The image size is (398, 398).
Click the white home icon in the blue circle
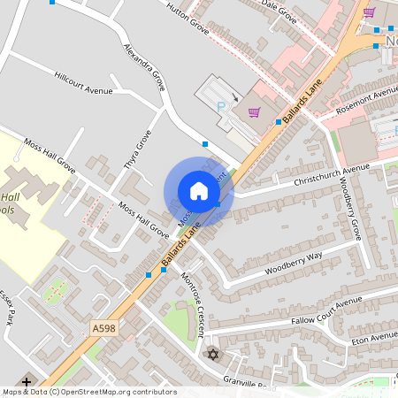199,190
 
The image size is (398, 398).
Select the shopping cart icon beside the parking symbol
255,111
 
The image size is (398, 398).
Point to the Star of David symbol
211,355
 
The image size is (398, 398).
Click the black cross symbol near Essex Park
27,383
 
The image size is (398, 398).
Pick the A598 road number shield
103,328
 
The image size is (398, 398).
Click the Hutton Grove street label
188,18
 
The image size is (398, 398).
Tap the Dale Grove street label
279,10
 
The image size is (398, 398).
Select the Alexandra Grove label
145,67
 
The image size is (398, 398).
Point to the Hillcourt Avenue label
84,83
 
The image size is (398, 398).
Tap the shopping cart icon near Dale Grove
369,12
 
